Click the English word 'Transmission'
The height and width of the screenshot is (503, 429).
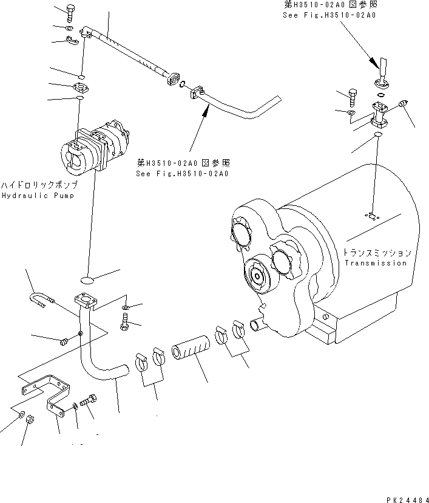point(376,263)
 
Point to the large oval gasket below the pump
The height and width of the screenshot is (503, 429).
point(87,279)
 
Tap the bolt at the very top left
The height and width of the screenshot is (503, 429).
point(68,12)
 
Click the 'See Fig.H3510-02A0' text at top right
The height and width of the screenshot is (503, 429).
point(329,14)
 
